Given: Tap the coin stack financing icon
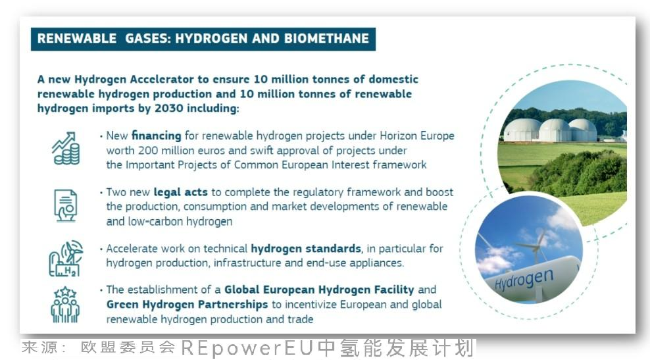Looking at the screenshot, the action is click(x=66, y=149).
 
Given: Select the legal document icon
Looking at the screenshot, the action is click(x=66, y=205).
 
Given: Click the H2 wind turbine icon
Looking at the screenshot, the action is click(x=66, y=259).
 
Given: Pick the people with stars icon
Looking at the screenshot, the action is click(x=65, y=305).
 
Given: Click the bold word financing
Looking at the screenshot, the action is click(x=157, y=136).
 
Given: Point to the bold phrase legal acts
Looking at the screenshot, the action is click(x=180, y=192).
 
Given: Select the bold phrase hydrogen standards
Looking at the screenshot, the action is click(x=306, y=248).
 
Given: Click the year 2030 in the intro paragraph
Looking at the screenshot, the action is click(x=168, y=108).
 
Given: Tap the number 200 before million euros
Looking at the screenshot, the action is click(x=148, y=150).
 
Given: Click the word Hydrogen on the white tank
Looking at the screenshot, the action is click(x=524, y=279).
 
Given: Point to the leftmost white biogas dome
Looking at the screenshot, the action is click(x=522, y=130).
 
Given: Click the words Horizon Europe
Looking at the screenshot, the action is click(x=417, y=136).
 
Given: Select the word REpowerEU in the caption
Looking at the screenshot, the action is click(x=247, y=347).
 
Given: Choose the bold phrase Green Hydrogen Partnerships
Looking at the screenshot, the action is click(x=187, y=305).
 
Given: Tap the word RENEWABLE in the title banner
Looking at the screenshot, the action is click(x=77, y=39).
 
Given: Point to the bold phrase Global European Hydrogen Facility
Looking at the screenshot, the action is click(x=319, y=290).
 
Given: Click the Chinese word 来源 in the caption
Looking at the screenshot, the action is click(x=39, y=347).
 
